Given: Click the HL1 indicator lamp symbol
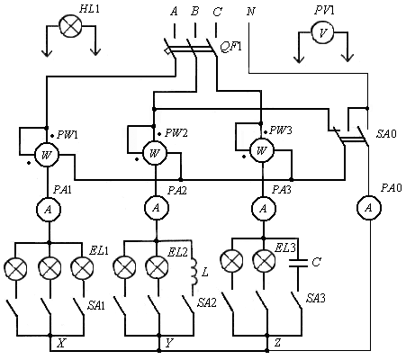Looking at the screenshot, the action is tap(70, 26).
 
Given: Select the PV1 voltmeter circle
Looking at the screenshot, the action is tap(322, 32).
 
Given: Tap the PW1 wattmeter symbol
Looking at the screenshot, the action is tap(47, 155).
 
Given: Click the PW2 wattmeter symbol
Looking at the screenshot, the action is tap(155, 153).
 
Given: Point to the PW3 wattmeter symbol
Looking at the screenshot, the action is tap(262, 150).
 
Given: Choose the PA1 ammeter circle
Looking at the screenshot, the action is tap(49, 210).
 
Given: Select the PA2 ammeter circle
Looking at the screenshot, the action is tap(156, 208).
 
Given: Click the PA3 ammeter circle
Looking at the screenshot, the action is tap(264, 208).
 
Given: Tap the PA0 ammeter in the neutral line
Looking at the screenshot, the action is tap(369, 208).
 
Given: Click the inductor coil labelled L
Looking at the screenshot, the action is tap(194, 272).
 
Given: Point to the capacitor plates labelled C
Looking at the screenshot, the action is tap(298, 263).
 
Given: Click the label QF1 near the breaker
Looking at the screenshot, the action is tap(230, 47).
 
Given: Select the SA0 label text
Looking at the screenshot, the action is tap(386, 134).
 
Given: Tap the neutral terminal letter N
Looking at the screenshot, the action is tap(251, 12).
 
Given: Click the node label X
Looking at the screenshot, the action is tap(61, 343).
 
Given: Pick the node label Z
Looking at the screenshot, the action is tap(278, 342).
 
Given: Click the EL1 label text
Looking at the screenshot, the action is tap(99, 250).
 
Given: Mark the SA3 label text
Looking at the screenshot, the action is tap(316, 298).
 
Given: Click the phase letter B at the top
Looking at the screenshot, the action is tap(195, 12).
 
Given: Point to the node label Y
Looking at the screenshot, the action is tap(169, 343).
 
